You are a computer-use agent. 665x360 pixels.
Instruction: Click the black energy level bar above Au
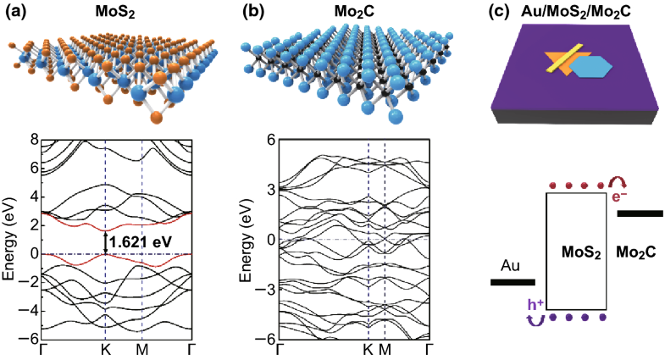point(513,282)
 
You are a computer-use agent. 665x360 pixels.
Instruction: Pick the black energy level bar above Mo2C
point(640,213)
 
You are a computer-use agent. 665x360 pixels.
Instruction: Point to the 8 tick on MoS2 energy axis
point(33,140)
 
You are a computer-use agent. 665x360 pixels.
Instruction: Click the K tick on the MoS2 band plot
point(104,348)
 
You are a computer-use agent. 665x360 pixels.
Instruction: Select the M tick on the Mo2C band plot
point(386,348)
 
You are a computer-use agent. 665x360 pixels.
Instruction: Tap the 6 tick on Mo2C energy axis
point(272,140)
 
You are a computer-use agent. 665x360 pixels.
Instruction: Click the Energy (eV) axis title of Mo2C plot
point(247,240)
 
